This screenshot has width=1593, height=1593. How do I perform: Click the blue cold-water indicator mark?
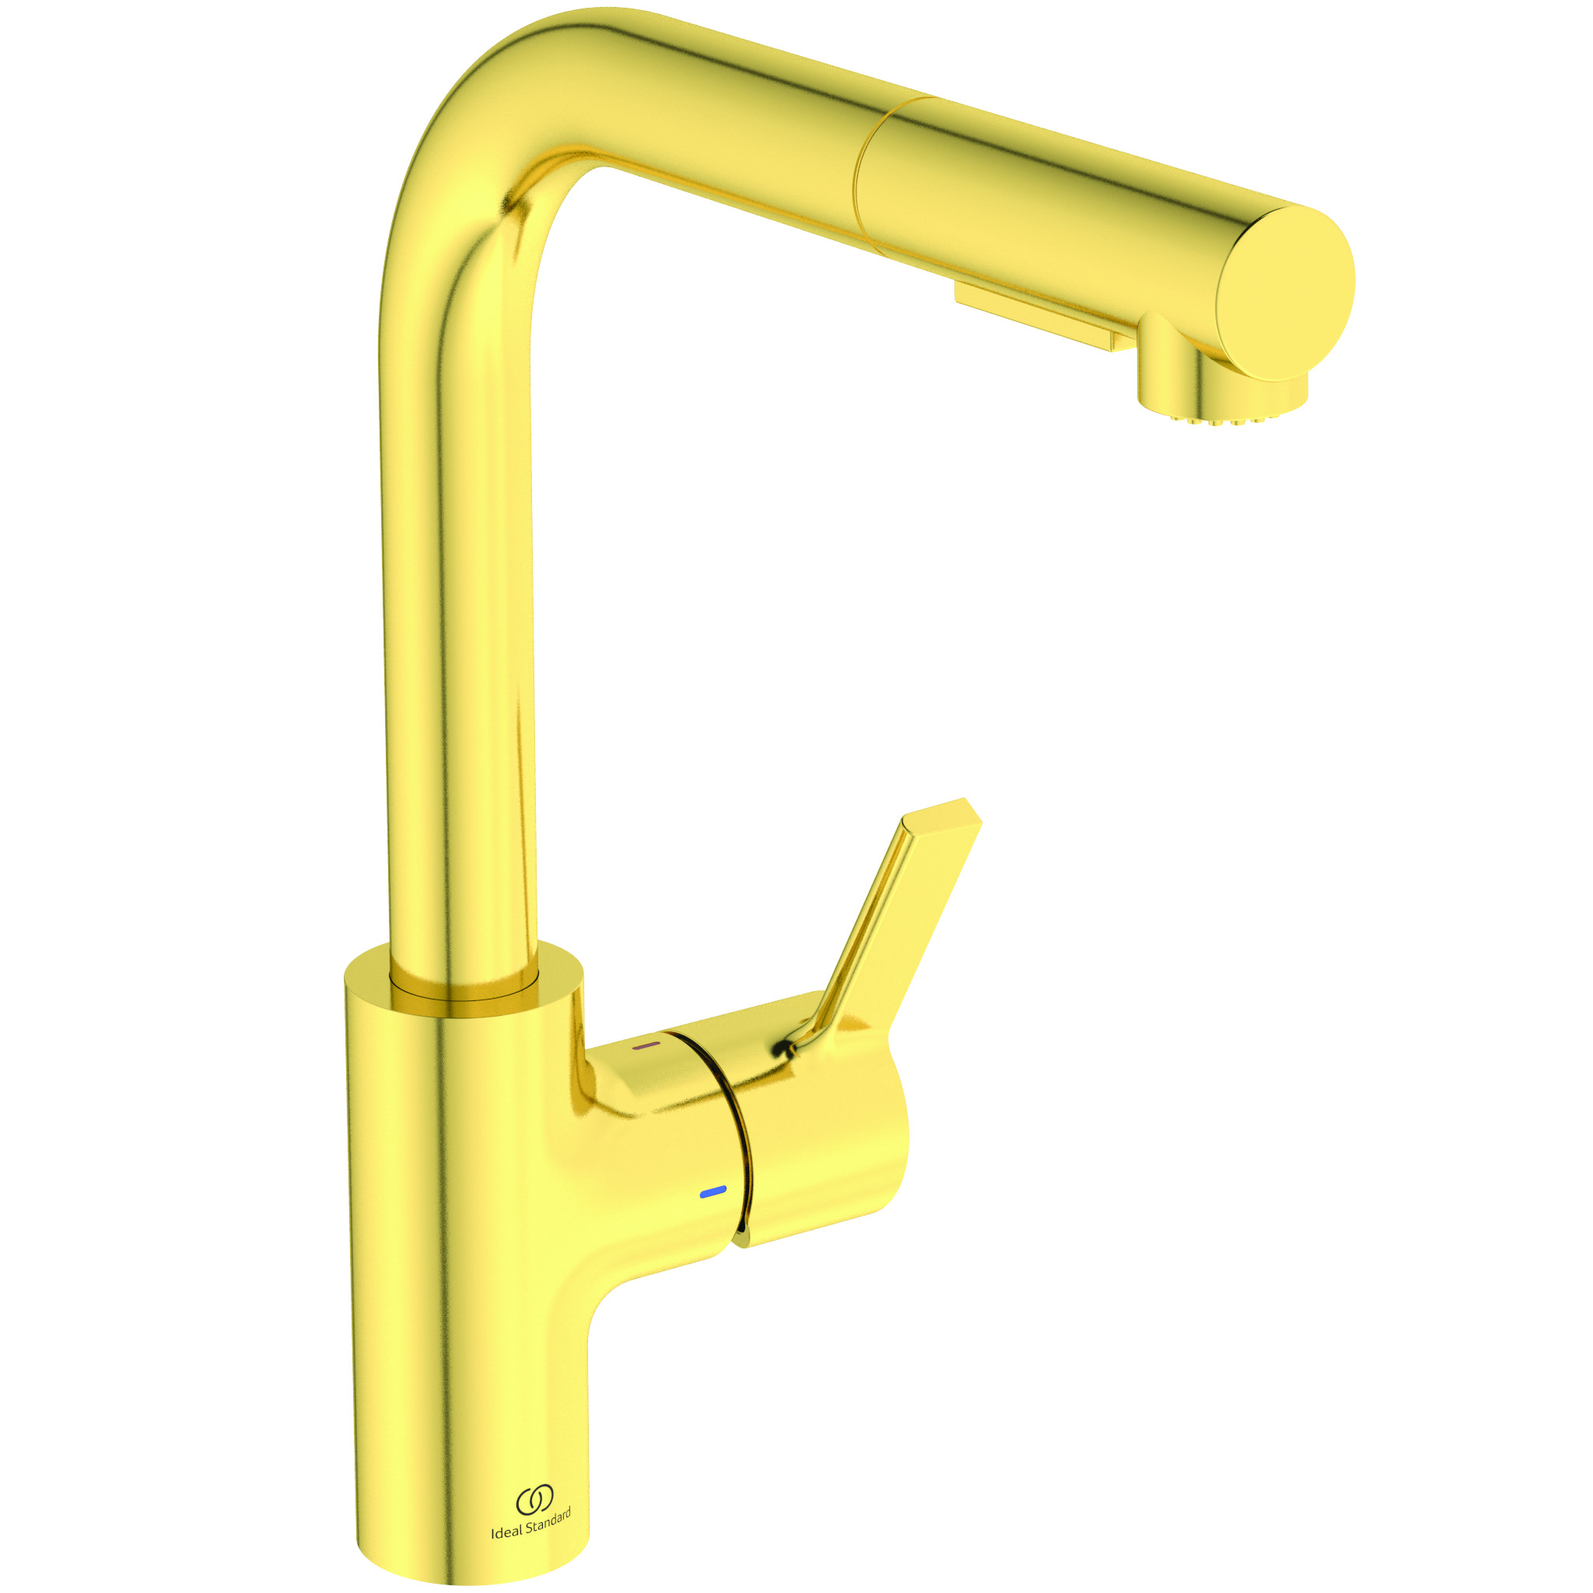pyautogui.click(x=712, y=1191)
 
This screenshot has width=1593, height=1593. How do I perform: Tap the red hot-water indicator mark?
pyautogui.click(x=646, y=1045)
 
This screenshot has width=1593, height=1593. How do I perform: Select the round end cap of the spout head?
pyautogui.click(x=1287, y=291)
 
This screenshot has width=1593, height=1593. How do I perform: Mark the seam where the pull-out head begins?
pyautogui.click(x=864, y=173)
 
